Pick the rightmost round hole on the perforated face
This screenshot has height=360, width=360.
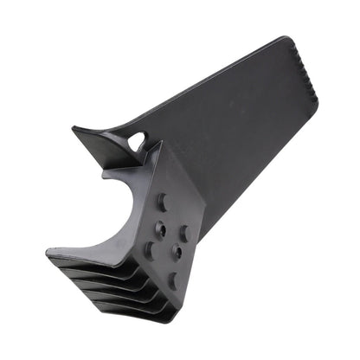pyautogui.click(x=184, y=234)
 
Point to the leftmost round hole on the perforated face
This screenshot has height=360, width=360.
pyautogui.click(x=148, y=249)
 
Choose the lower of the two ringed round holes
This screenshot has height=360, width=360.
pyautogui.click(x=177, y=251)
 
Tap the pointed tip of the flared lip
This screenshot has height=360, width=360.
pyautogui.click(x=74, y=130)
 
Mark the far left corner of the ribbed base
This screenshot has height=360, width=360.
pyautogui.click(x=47, y=254)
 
